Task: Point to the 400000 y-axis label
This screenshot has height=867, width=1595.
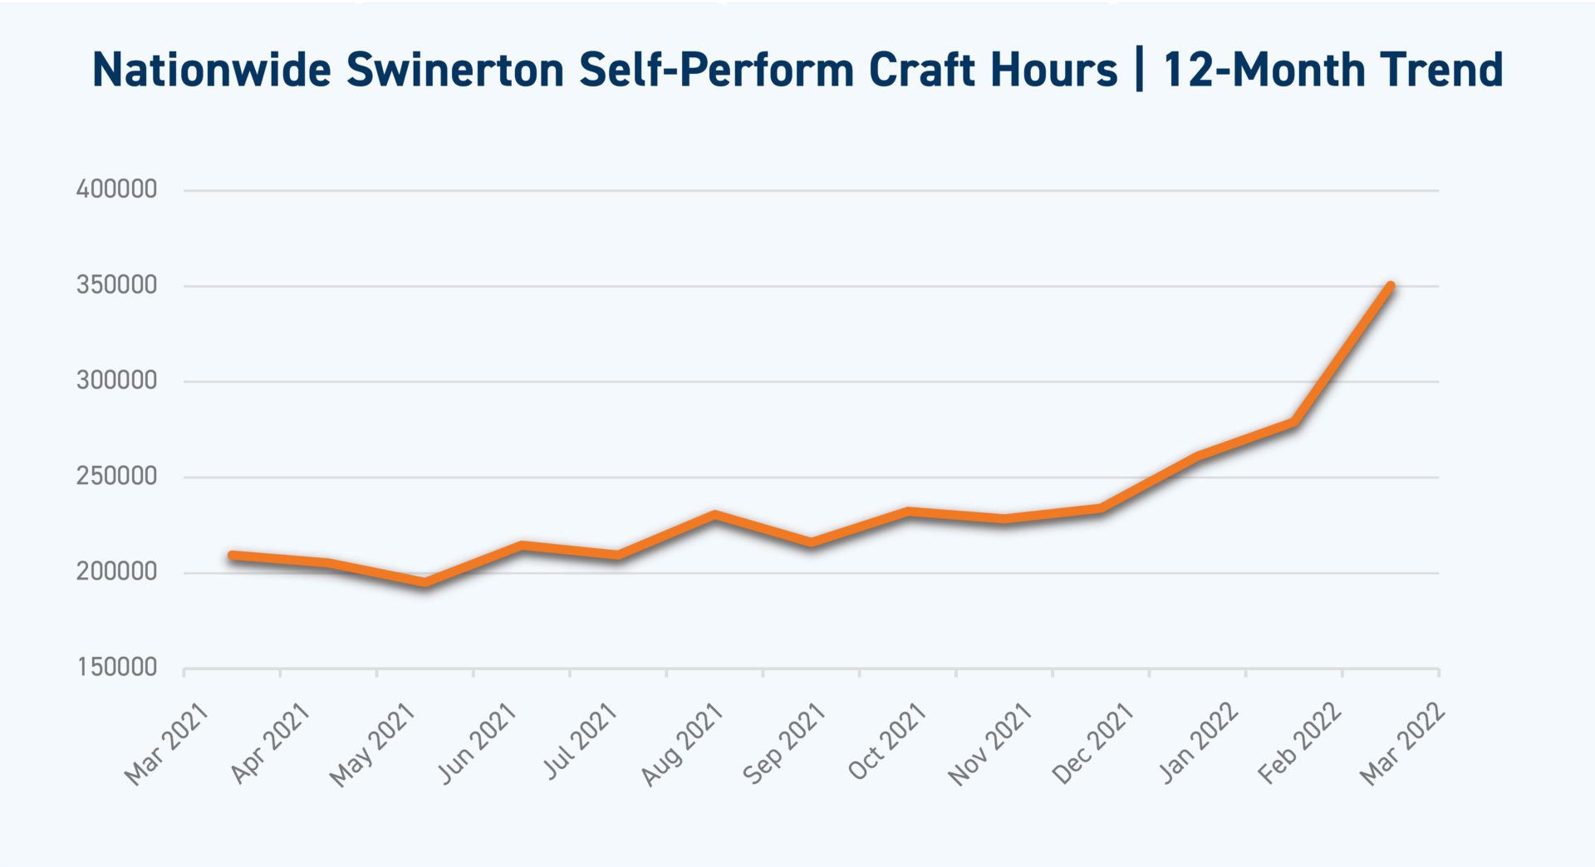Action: coord(116,189)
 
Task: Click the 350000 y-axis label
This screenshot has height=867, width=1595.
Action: coord(116,285)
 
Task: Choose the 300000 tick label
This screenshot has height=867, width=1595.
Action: coord(116,380)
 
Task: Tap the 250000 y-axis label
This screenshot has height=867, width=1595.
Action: coord(116,476)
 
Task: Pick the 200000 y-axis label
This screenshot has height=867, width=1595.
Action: coord(116,571)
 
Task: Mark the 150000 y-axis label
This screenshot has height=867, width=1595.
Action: coord(116,667)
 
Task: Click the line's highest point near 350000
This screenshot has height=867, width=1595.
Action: coord(1391,287)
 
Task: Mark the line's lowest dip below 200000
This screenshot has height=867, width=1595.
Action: coord(425,583)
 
